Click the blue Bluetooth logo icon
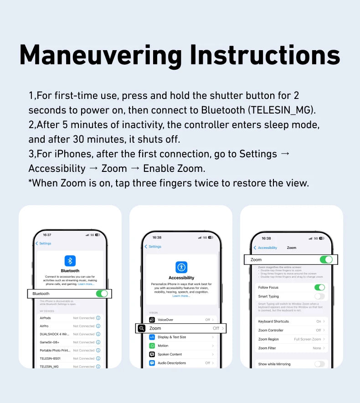pos(70,261)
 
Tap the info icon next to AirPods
pos(98,318)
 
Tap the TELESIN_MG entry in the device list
pos(49,367)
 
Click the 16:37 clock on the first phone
pos(47,235)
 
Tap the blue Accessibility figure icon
pos(181,267)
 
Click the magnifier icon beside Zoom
pos(142,328)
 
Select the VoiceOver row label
pos(165,320)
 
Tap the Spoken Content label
pos(170,354)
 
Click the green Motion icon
pos(152,346)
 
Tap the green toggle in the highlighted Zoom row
pos(326,259)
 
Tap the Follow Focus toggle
pos(319,288)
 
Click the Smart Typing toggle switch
pos(319,296)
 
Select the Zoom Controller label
pos(271,331)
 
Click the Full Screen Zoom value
pos(308,339)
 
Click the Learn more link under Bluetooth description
pos(86,284)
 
